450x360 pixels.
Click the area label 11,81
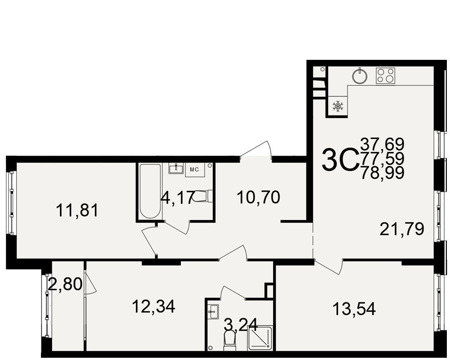coord(77,210)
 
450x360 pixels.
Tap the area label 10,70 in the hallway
coord(259,198)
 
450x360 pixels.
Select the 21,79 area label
coord(402,229)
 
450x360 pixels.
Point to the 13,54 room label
coord(354,309)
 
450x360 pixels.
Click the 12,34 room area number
coord(153,306)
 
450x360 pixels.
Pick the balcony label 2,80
coord(65,284)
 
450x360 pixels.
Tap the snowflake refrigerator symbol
coord(338,106)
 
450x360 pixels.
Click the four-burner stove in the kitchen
coord(386,76)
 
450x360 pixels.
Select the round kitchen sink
coord(360,76)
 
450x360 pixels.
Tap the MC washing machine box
coord(194,170)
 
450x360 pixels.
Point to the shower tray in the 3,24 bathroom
coord(260,338)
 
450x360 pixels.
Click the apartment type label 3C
coord(341,160)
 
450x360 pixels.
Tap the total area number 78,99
coord(382,172)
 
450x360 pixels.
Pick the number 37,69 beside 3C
coord(382,144)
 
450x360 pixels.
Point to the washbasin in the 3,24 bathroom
coord(213,311)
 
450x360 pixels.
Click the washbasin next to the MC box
coord(175,168)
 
